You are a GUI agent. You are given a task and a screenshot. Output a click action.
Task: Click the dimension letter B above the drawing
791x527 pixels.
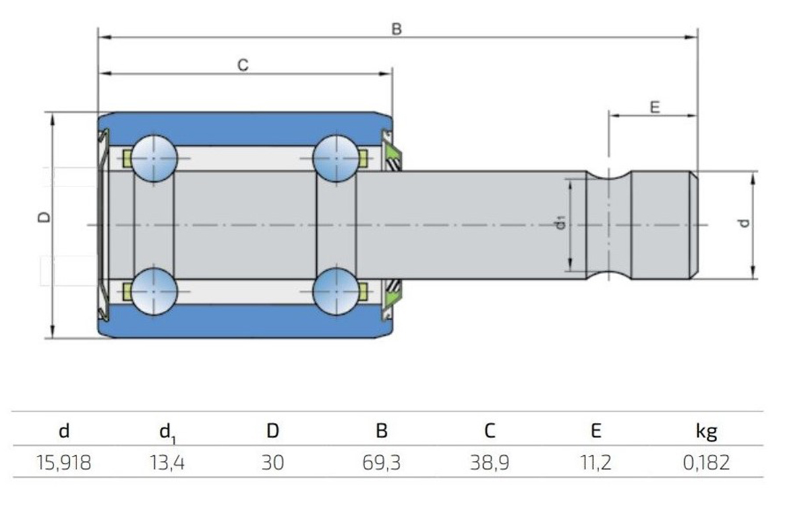pos(396,29)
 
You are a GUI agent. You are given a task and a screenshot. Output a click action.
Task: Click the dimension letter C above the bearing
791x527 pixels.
pos(243,65)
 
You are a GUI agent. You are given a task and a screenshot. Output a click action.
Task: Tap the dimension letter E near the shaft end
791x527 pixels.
pos(655,107)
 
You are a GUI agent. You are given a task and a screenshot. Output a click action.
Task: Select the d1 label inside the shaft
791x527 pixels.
pos(560,224)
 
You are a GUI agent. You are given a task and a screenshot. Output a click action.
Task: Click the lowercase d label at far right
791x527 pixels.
pos(744,223)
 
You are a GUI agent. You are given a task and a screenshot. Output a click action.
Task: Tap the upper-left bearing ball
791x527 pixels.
pos(154,159)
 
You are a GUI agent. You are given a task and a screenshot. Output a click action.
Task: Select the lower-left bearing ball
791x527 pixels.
pos(154,291)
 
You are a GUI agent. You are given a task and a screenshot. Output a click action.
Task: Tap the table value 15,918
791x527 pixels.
pos(64,462)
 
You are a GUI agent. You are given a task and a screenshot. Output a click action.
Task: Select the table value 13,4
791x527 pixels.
pos(168,462)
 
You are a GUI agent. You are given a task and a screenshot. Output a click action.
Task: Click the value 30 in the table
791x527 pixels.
pos(272,462)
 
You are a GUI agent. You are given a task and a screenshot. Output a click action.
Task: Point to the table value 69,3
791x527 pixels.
pos(381,462)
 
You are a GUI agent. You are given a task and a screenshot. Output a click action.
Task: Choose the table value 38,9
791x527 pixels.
pos(488,462)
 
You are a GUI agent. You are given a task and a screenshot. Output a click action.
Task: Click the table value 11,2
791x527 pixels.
pos(596,462)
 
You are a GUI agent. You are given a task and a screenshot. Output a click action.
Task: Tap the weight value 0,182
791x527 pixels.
pos(706,462)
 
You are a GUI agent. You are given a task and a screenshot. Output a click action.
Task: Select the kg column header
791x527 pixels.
pos(706,431)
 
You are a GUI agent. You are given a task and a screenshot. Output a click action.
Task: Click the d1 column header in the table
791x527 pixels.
pos(168,432)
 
